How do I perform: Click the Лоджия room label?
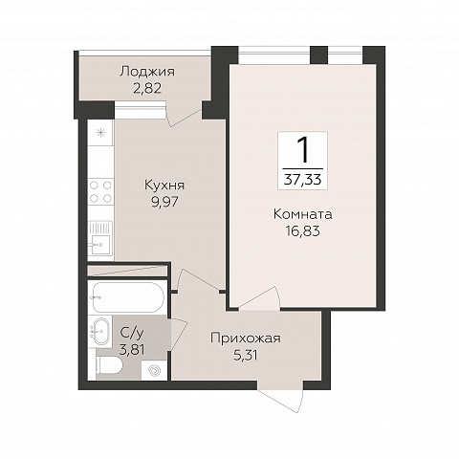147,72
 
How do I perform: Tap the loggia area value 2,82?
147,88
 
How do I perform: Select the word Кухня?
164,186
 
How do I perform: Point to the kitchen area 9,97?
164,202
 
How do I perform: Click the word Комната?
303,214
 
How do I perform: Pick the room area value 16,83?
303,231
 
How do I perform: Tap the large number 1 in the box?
303,150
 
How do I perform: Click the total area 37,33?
303,180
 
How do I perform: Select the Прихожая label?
246,339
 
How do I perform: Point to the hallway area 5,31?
246,355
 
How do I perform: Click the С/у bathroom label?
132,333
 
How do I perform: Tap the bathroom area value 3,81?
132,350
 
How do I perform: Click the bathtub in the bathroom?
128,297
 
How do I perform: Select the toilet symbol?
108,364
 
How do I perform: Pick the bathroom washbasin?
99,331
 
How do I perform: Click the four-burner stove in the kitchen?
100,191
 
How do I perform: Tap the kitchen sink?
100,238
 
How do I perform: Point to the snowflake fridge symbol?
100,133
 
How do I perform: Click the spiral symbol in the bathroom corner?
154,370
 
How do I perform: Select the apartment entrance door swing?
280,396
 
